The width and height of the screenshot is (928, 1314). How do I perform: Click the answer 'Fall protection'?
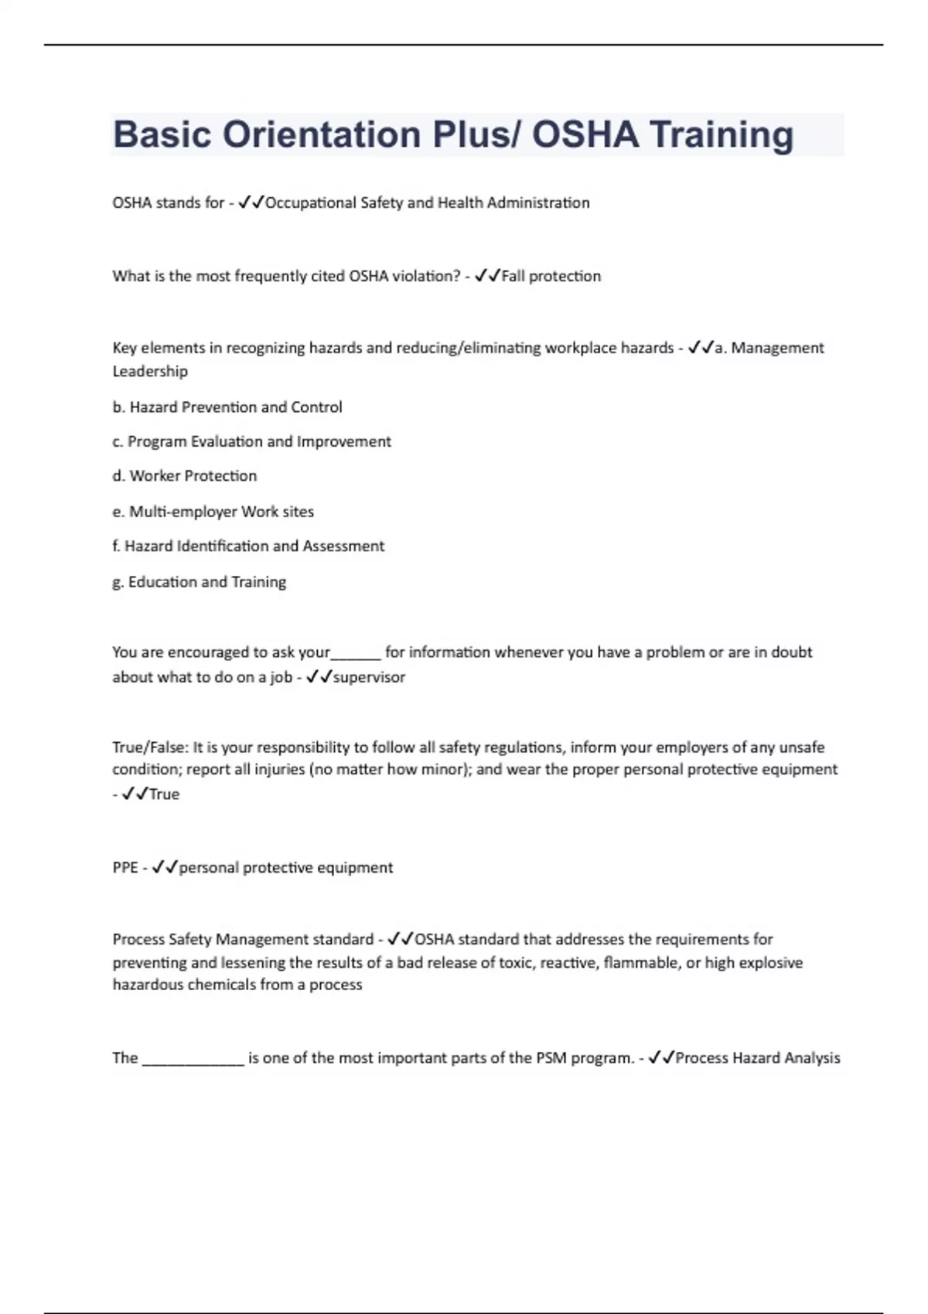[551, 276]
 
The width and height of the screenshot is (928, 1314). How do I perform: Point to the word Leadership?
[150, 371]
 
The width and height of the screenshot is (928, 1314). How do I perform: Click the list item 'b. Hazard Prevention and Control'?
[227, 407]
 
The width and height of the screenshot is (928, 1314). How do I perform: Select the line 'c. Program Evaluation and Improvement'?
[251, 441]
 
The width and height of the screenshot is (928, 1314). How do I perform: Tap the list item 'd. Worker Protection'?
[184, 476]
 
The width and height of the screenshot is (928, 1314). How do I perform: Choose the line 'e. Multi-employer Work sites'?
[213, 512]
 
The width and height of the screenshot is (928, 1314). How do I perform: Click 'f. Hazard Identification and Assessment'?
[248, 546]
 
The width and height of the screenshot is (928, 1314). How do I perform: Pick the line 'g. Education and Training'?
[199, 582]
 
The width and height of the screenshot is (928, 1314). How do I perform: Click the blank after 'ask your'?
[356, 654]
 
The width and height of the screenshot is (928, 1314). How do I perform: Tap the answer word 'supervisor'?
[369, 677]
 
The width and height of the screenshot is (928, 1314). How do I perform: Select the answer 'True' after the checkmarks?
[164, 795]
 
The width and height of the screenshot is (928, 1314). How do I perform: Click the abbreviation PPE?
[125, 868]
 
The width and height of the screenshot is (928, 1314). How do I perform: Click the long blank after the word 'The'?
[193, 1060]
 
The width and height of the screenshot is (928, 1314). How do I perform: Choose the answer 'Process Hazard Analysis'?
[757, 1058]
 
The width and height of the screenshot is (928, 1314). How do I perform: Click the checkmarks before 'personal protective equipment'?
[165, 868]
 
